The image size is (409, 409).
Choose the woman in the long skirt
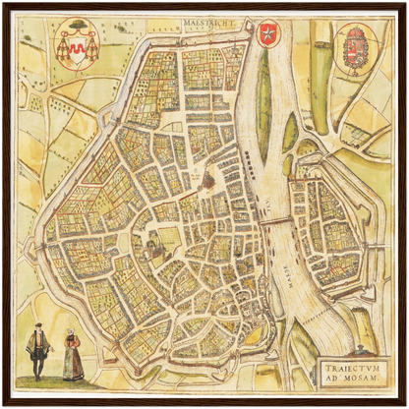73,356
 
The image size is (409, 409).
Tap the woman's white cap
71,332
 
